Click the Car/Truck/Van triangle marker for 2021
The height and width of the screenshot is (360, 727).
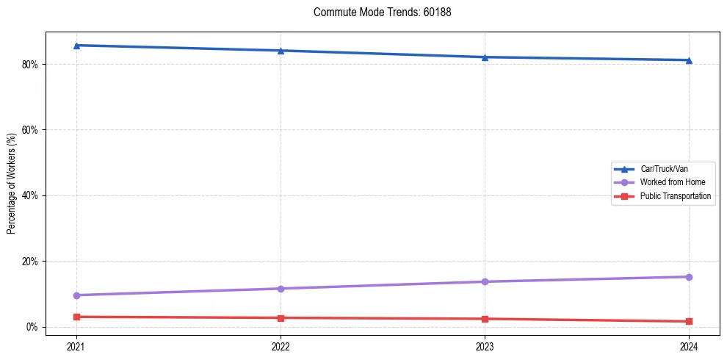click(76, 46)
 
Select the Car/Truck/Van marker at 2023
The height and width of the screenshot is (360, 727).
click(485, 57)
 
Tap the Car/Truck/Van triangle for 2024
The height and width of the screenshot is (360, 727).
click(689, 60)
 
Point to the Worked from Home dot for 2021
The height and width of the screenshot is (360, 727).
click(76, 295)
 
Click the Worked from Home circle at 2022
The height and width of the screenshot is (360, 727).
click(281, 289)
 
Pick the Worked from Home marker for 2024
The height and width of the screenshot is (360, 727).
click(689, 277)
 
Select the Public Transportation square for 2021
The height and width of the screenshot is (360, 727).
click(76, 317)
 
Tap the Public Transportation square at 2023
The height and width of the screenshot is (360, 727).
click(485, 319)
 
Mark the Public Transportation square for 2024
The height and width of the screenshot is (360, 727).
click(689, 321)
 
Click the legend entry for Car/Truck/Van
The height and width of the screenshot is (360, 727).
click(663, 169)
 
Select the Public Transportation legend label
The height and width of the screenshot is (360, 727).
click(675, 196)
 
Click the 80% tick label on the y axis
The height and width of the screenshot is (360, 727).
click(29, 65)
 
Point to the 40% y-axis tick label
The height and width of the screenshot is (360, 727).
click(29, 196)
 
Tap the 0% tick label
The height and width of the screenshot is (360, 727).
click(32, 327)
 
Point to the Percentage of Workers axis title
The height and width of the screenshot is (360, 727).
click(12, 184)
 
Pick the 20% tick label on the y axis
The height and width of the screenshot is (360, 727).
click(29, 262)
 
